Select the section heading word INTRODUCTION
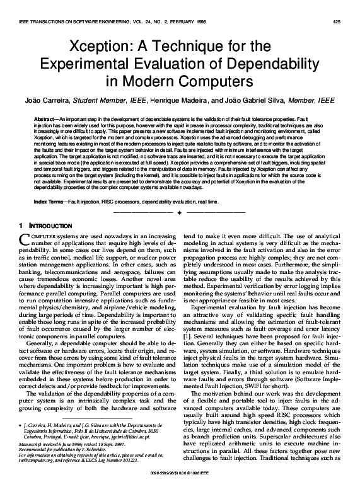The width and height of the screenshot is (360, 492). pos(48,224)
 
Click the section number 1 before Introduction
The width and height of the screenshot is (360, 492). pos(22,224)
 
